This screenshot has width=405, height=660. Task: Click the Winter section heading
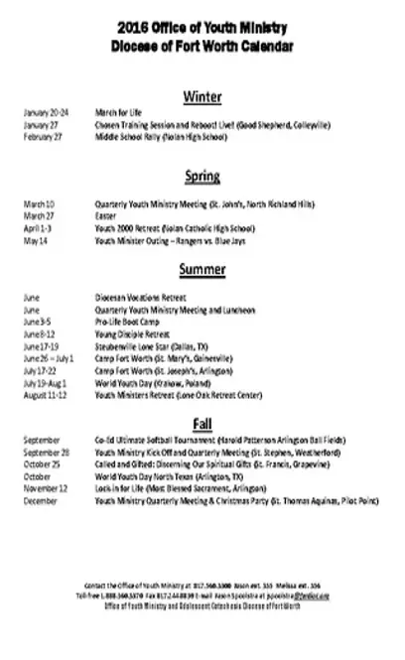click(202, 96)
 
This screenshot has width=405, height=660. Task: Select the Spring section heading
click(202, 177)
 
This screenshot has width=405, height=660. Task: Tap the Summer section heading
click(202, 269)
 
